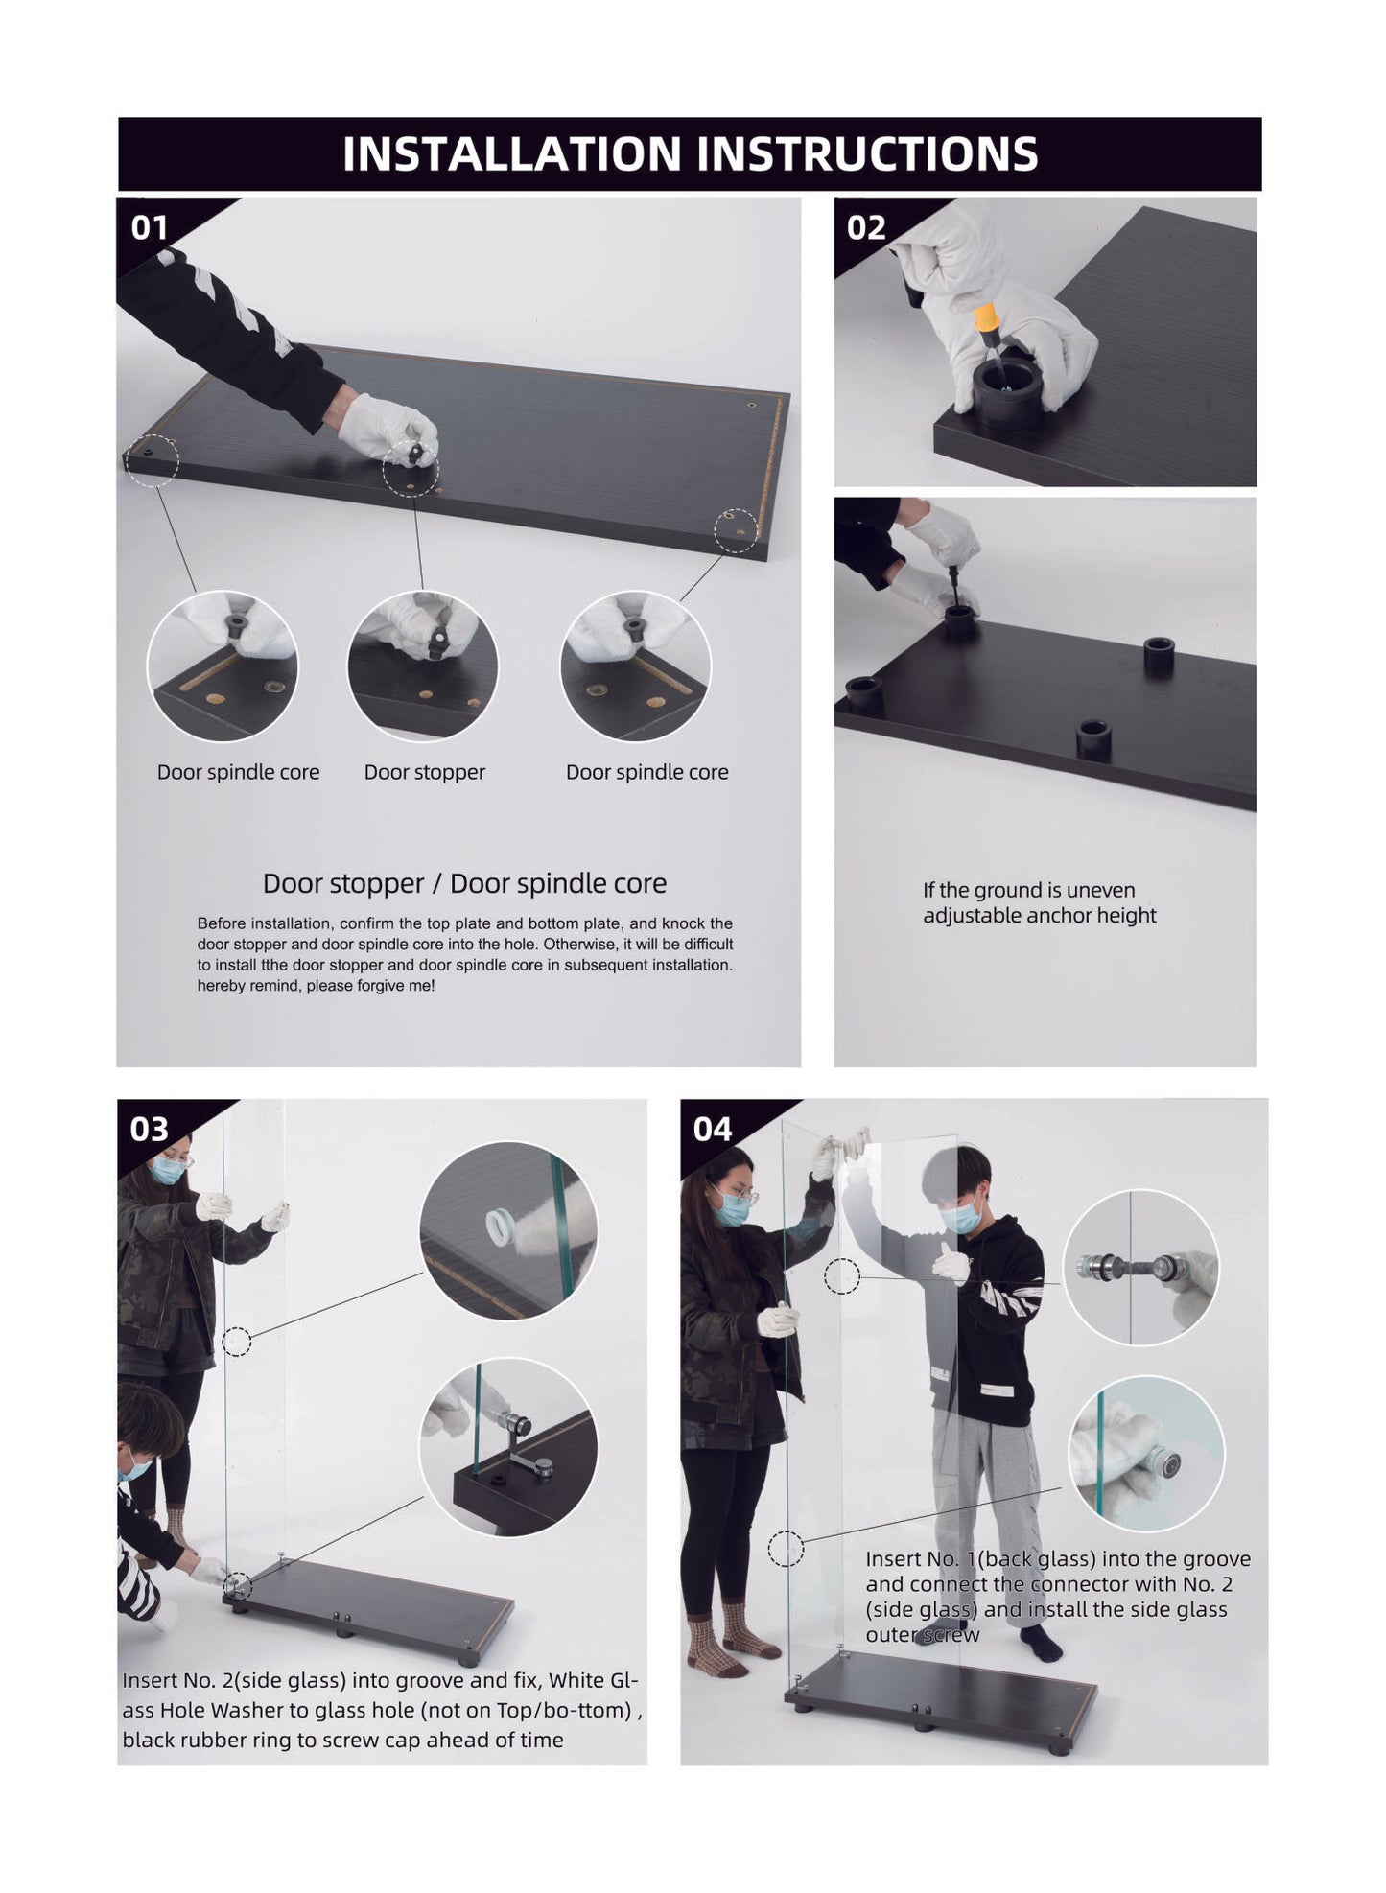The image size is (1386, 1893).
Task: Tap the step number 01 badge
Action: coord(150,228)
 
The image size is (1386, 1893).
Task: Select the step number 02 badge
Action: coord(866,228)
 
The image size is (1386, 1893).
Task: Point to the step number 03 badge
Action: coord(150,1129)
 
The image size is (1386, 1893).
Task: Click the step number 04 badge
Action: coord(713,1129)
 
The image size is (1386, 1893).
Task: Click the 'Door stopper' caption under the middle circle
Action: coord(425,772)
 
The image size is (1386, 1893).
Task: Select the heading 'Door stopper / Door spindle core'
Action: coord(464,883)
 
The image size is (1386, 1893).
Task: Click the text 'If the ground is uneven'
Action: coord(1029,890)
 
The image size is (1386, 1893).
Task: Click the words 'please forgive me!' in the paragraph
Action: coord(370,986)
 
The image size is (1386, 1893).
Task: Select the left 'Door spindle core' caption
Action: coord(239,772)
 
